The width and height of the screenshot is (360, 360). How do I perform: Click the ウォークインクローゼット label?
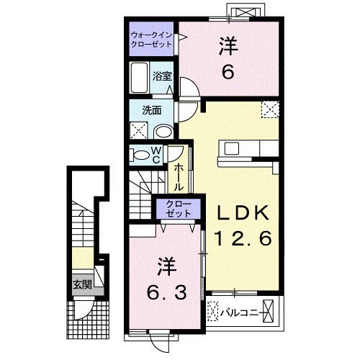pyautogui.click(x=152, y=38)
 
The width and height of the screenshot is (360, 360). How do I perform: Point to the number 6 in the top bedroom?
pyautogui.click(x=228, y=73)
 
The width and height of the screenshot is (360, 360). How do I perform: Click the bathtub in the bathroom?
pyautogui.click(x=139, y=76)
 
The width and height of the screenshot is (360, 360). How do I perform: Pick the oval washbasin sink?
pyautogui.click(x=163, y=131)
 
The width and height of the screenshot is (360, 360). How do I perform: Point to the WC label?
pyautogui.click(x=157, y=155)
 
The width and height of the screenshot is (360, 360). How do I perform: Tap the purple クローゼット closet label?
pyautogui.click(x=175, y=208)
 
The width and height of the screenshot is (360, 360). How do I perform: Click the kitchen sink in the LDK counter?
pyautogui.click(x=235, y=148)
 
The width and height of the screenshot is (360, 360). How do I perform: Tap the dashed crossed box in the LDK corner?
pyautogui.click(x=271, y=108)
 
